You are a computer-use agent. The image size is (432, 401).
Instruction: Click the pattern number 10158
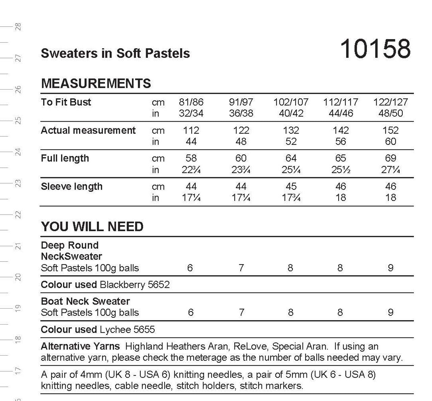point(375,49)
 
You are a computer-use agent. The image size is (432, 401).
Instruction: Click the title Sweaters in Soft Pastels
point(115,53)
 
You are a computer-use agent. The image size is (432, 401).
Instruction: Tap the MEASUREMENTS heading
point(96,83)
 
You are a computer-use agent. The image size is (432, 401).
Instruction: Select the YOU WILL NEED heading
point(92,226)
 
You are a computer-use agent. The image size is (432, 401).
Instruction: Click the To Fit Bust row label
point(66,102)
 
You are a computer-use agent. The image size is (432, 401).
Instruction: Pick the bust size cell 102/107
point(291,102)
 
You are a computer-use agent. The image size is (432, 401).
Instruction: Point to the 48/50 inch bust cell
point(390,113)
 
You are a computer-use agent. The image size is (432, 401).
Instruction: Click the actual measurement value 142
point(341,130)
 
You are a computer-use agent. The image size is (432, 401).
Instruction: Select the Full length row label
point(65,158)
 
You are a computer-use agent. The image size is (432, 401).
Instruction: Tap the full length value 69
point(390,158)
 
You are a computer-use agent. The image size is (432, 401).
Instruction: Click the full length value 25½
point(341,170)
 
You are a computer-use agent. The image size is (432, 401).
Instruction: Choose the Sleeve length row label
point(72,187)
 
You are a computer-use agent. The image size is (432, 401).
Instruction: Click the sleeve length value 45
point(291,187)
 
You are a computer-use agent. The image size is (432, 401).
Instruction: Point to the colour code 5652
point(159,285)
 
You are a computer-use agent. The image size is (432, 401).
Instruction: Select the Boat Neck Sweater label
point(85,301)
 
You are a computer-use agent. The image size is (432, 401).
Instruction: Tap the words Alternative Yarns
point(80,346)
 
